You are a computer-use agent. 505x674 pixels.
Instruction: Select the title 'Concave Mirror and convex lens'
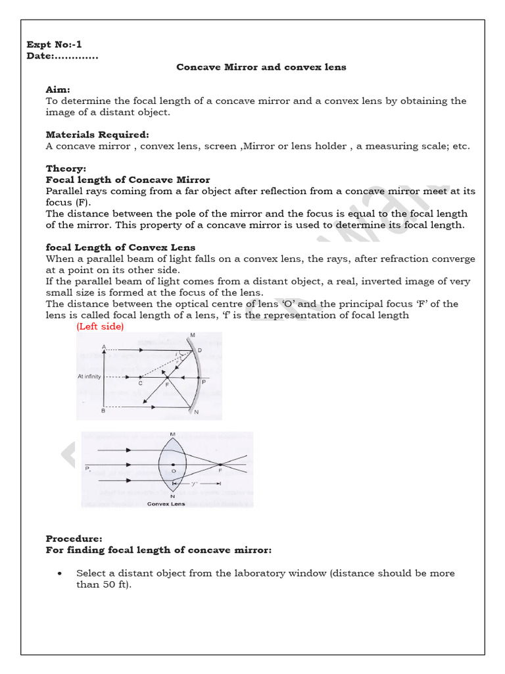(261, 67)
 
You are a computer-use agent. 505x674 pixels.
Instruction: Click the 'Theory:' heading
(66, 168)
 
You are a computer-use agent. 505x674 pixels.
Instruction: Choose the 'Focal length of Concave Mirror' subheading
(128, 180)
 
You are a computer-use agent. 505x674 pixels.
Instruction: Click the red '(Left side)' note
(100, 326)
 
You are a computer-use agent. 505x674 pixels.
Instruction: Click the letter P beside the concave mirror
(203, 381)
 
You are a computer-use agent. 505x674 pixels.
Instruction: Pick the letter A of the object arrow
(104, 346)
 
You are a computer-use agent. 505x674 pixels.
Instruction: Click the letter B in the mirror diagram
(103, 411)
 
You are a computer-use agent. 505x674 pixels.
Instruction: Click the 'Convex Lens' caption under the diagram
(166, 504)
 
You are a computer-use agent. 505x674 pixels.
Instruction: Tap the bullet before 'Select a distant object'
(60, 573)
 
